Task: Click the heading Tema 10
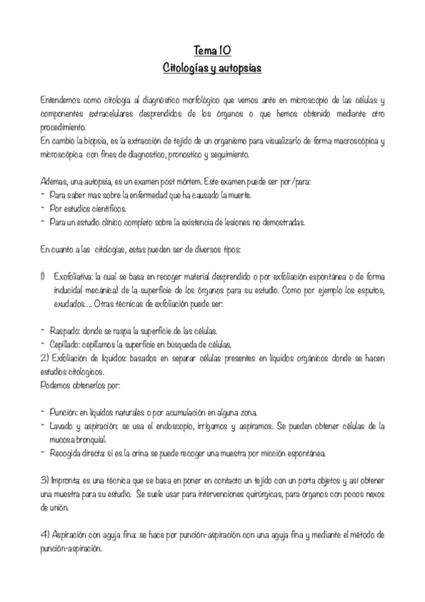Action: coord(212,50)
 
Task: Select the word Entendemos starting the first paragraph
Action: coord(61,103)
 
